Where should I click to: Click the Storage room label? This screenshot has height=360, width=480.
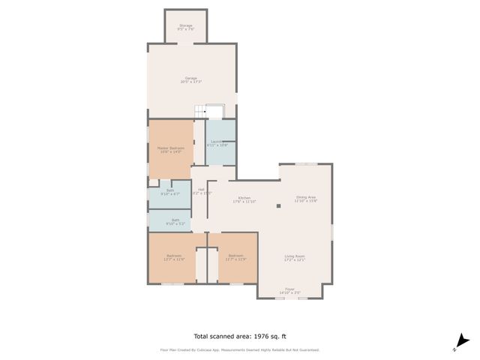184,27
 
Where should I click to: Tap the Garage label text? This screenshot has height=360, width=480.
191,79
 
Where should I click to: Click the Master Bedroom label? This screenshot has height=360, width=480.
170,149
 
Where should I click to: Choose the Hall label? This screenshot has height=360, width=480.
201,190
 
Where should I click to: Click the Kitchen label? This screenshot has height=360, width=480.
244,199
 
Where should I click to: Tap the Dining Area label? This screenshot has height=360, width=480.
306,199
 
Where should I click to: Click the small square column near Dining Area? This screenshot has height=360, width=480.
278,205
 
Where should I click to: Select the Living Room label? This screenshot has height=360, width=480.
295,258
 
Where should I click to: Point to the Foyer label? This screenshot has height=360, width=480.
289,290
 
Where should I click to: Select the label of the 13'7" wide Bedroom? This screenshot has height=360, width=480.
174,257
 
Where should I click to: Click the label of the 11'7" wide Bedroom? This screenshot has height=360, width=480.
236,257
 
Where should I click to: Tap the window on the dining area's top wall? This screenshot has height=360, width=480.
304,163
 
